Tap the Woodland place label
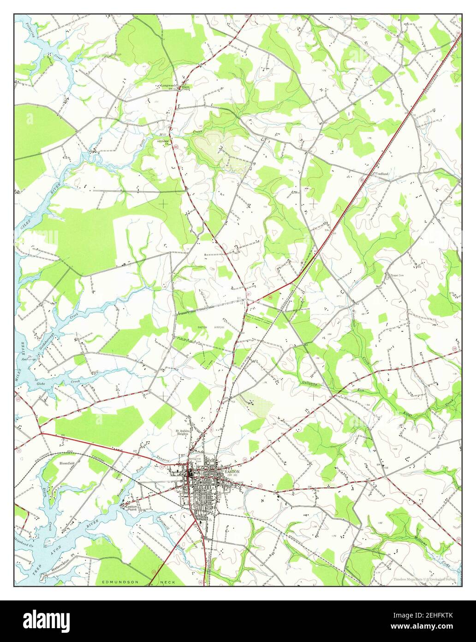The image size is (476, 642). (381, 174)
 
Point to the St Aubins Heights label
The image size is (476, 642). (183, 433)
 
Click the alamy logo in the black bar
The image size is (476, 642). (48, 619)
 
